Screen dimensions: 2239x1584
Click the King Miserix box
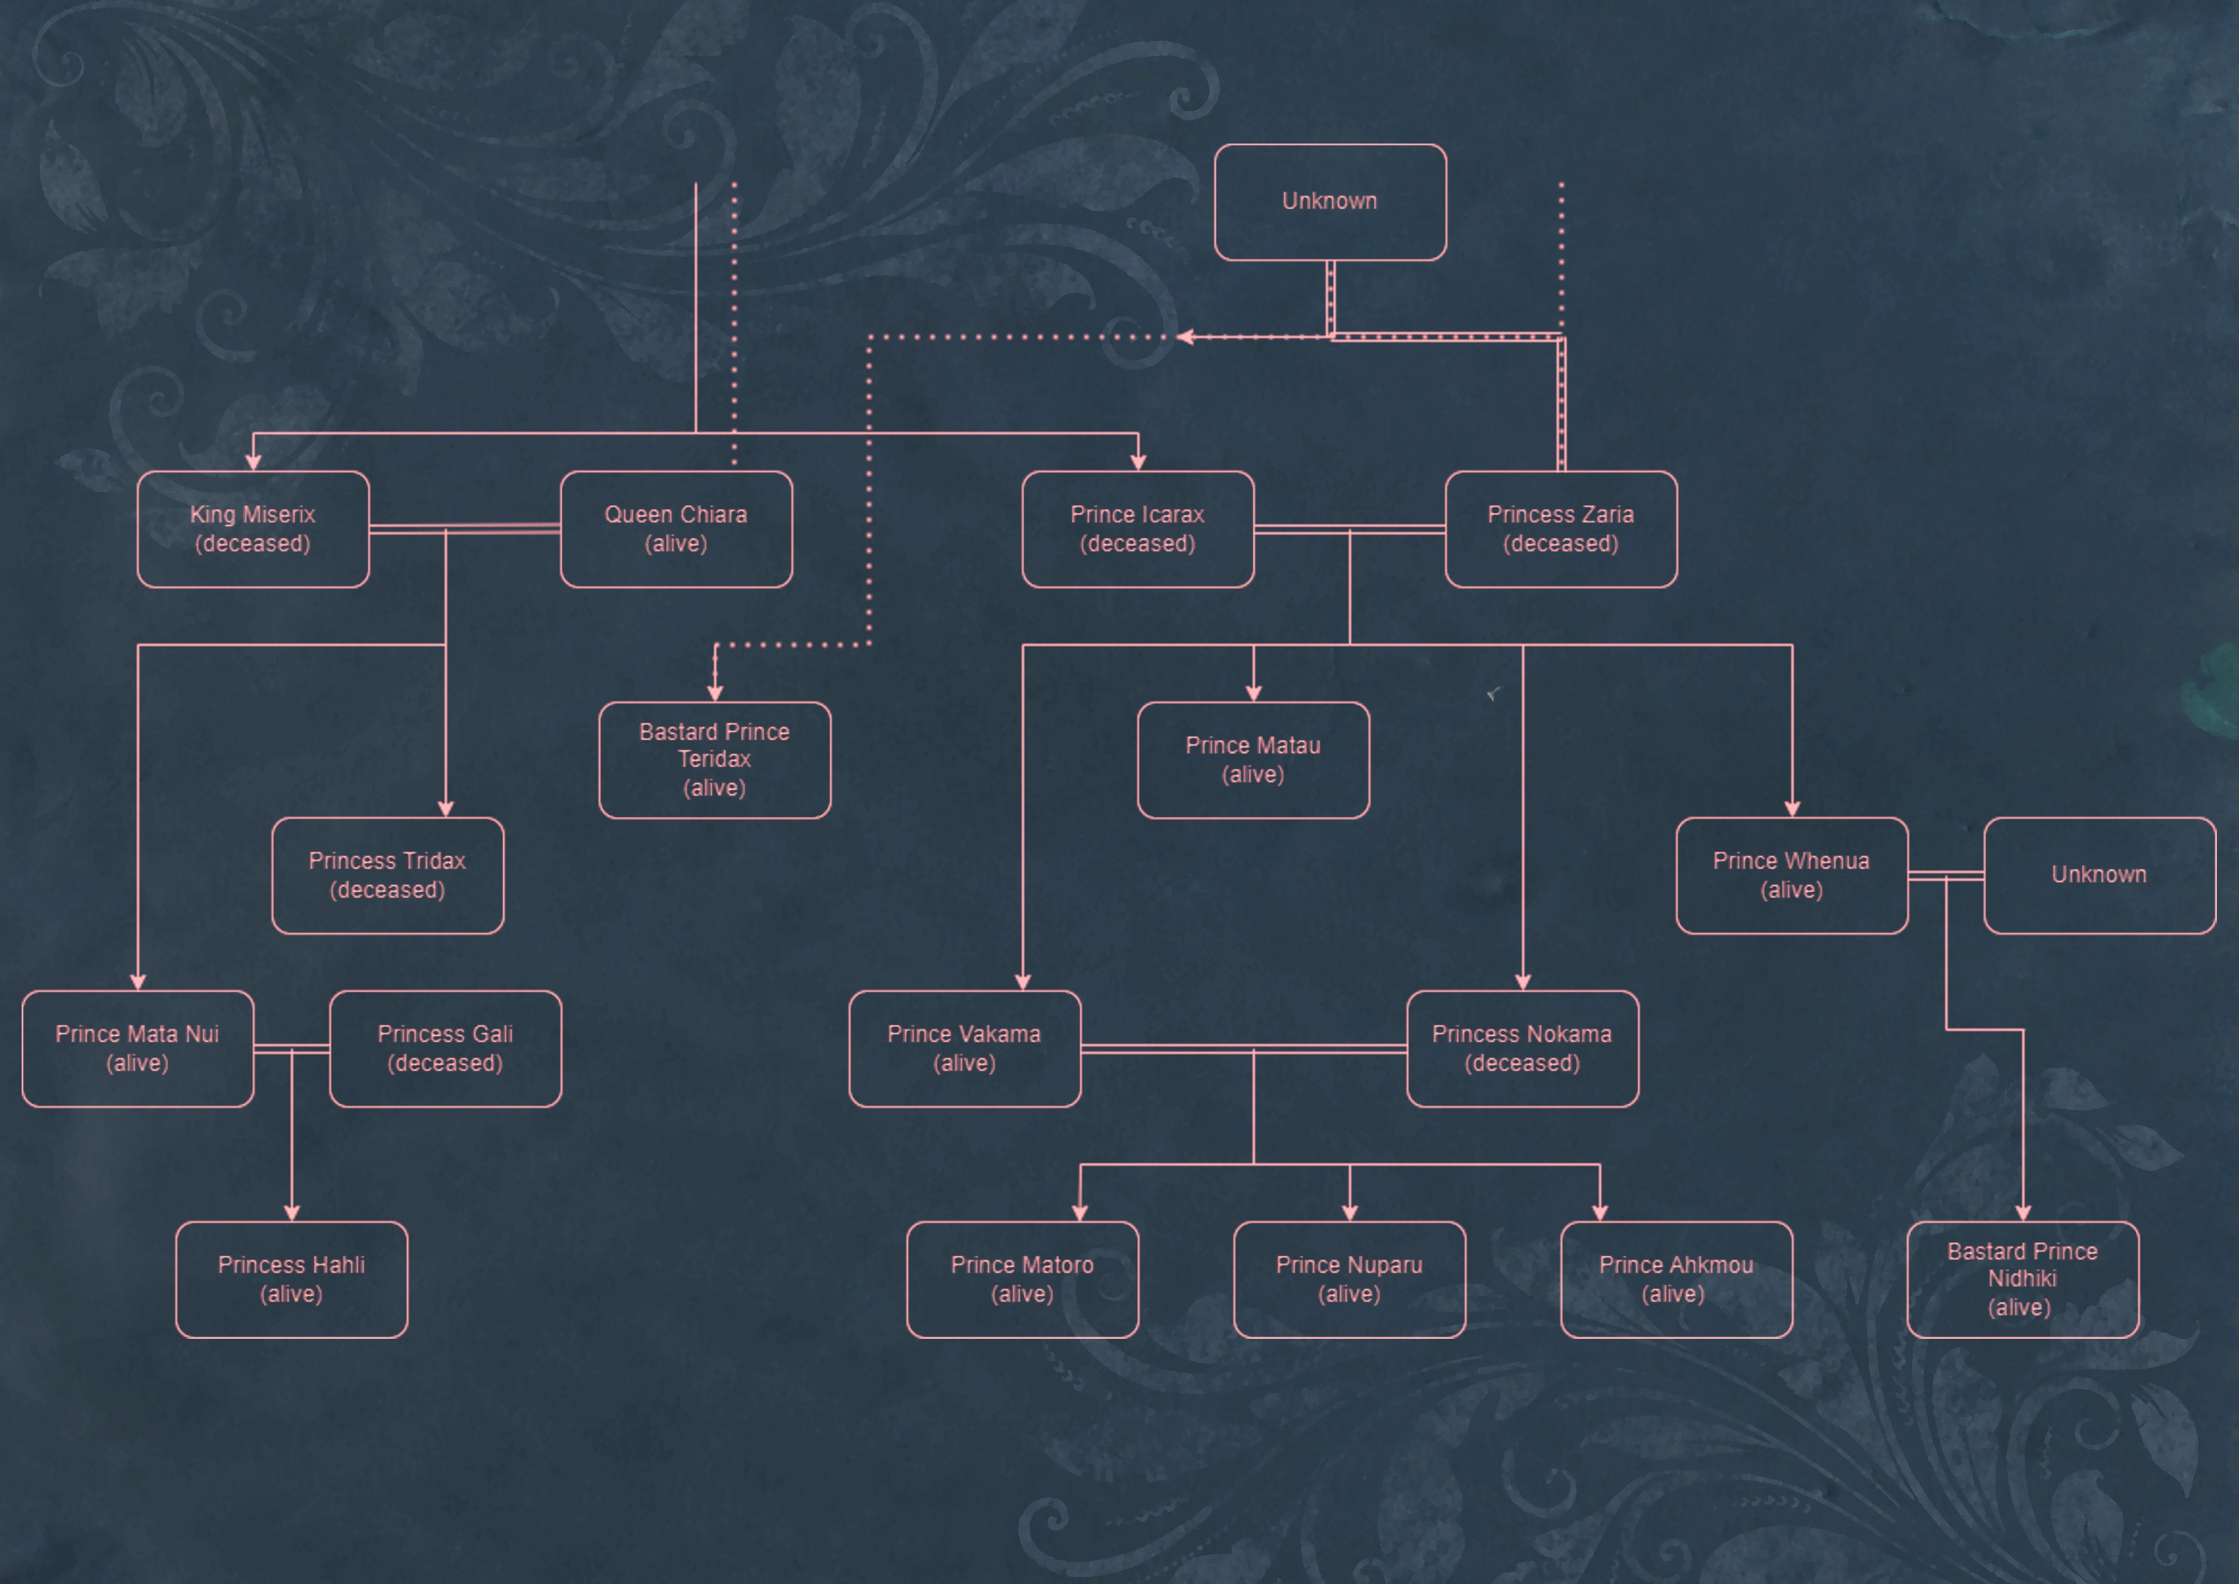[x=253, y=530]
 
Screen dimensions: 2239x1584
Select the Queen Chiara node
[x=676, y=530]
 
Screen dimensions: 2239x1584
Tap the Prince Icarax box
[x=1137, y=530]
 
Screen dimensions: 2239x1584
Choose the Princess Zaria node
[x=1560, y=530]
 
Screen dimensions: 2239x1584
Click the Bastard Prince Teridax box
[x=715, y=760]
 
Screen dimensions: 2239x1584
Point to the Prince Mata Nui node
[x=138, y=1048]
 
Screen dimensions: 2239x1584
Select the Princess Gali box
[x=446, y=1048]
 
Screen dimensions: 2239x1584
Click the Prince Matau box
[x=1253, y=760]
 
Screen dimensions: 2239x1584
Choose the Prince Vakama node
[x=965, y=1048]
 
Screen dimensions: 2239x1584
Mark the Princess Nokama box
[x=1522, y=1048]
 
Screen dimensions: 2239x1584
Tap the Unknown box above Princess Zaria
[x=1330, y=202]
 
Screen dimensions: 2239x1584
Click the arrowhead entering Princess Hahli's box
[x=292, y=1213]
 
